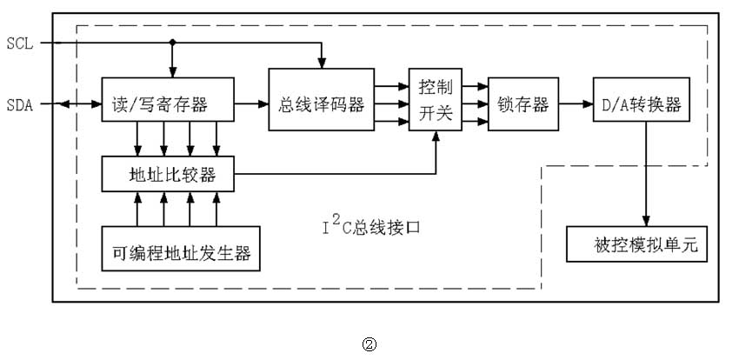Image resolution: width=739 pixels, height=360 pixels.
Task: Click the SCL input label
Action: [x=19, y=43]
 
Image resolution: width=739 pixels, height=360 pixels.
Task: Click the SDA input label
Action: [x=19, y=104]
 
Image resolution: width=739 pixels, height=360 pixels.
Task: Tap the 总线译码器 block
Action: [x=321, y=104]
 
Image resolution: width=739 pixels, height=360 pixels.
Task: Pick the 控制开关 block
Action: [x=436, y=100]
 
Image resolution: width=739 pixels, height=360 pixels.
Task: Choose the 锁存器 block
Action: [x=523, y=104]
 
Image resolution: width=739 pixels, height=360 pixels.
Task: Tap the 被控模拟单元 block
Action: [x=637, y=244]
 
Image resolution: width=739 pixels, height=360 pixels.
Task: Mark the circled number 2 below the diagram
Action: [x=369, y=343]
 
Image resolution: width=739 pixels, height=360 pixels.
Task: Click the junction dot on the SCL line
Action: [x=173, y=43]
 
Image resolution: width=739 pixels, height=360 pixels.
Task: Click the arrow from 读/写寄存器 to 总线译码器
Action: [x=252, y=104]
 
